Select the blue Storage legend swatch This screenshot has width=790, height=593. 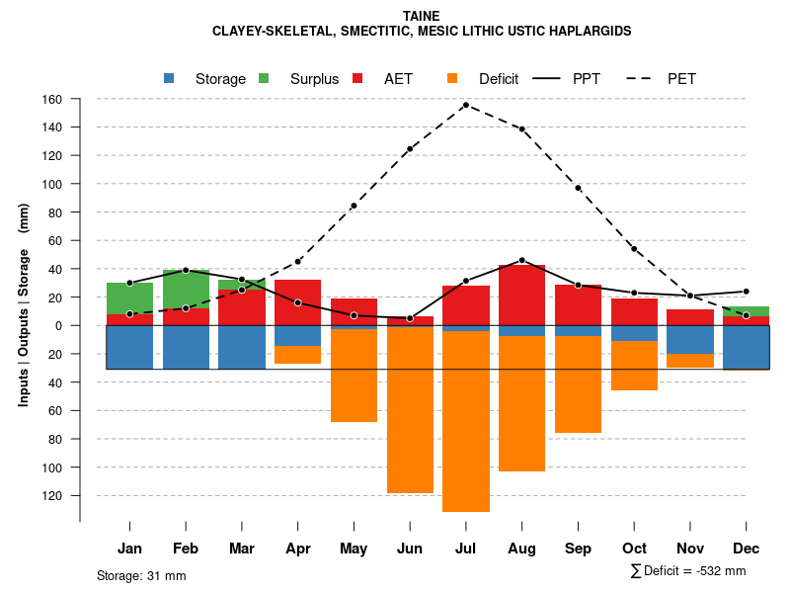coord(169,78)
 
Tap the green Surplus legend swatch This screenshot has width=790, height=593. coord(264,78)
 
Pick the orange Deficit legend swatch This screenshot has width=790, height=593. coord(452,78)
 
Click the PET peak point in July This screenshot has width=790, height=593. coord(465,105)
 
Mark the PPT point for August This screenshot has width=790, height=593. coord(521,260)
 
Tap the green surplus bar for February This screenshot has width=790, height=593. coord(186,289)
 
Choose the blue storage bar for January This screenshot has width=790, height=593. coord(129,347)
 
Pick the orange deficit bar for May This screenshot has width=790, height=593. coord(354,376)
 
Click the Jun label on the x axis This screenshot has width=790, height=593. coord(409,549)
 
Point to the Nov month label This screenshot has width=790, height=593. coord(690,549)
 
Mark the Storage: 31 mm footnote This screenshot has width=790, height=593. coord(141,575)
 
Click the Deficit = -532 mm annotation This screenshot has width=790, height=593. coord(688,571)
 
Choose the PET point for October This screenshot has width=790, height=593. coord(634,249)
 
